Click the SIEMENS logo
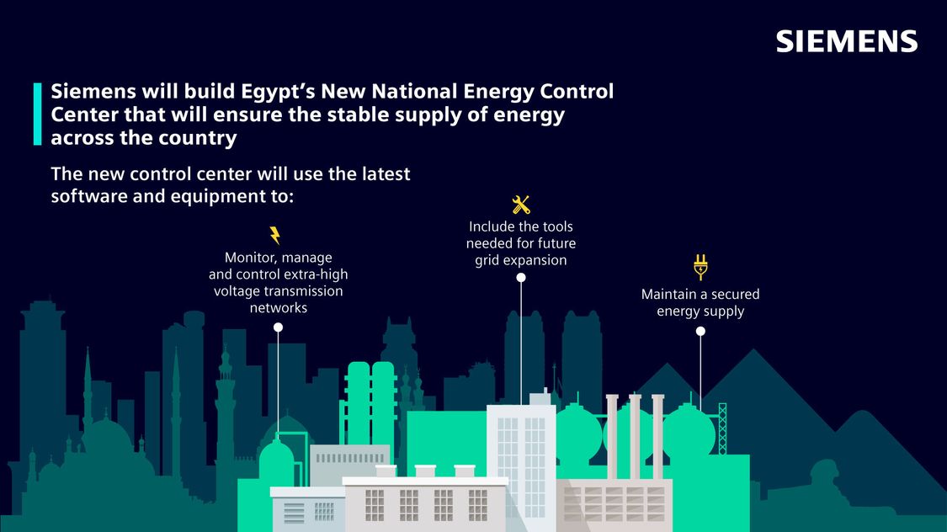847,41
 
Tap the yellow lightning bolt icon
274,235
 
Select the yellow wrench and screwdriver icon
520,205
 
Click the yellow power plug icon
700,267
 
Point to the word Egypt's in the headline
278,91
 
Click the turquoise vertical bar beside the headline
37,114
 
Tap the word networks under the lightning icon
279,308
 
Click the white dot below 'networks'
278,327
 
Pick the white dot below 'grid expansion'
520,278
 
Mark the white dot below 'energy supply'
700,331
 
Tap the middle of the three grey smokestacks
635,436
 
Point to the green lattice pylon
722,428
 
